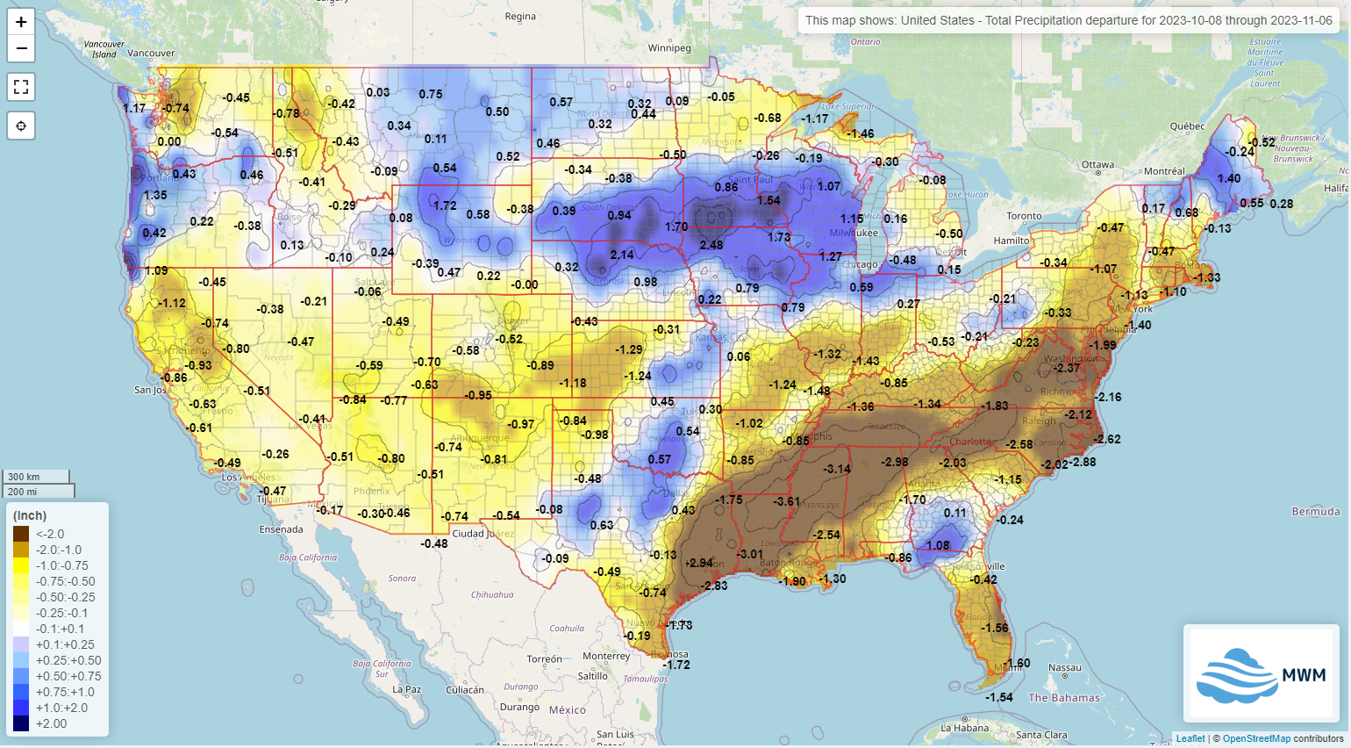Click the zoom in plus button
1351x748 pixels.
[x=21, y=22]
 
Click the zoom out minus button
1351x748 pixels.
[x=21, y=48]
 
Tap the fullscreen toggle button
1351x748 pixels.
[x=21, y=87]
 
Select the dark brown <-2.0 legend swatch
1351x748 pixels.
[x=21, y=534]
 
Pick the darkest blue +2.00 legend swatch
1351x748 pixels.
[x=21, y=723]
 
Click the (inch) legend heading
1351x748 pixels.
[x=30, y=515]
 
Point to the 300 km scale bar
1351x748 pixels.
[x=36, y=476]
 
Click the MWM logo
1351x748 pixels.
[x=1261, y=673]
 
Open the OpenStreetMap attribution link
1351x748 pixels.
[x=1256, y=738]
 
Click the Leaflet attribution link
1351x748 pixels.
[x=1190, y=738]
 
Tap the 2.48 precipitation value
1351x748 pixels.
[x=711, y=245]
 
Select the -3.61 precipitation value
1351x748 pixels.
[x=787, y=501]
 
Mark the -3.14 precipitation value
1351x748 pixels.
[x=838, y=469]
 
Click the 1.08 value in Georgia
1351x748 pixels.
[x=938, y=545]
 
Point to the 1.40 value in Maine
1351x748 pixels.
[x=1229, y=178]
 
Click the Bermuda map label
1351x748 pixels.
[x=1316, y=511]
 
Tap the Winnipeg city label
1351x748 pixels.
[x=669, y=48]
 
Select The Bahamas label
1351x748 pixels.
[x=1063, y=698]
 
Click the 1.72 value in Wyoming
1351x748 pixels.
[x=445, y=205]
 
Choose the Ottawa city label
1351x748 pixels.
[x=1097, y=164]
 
